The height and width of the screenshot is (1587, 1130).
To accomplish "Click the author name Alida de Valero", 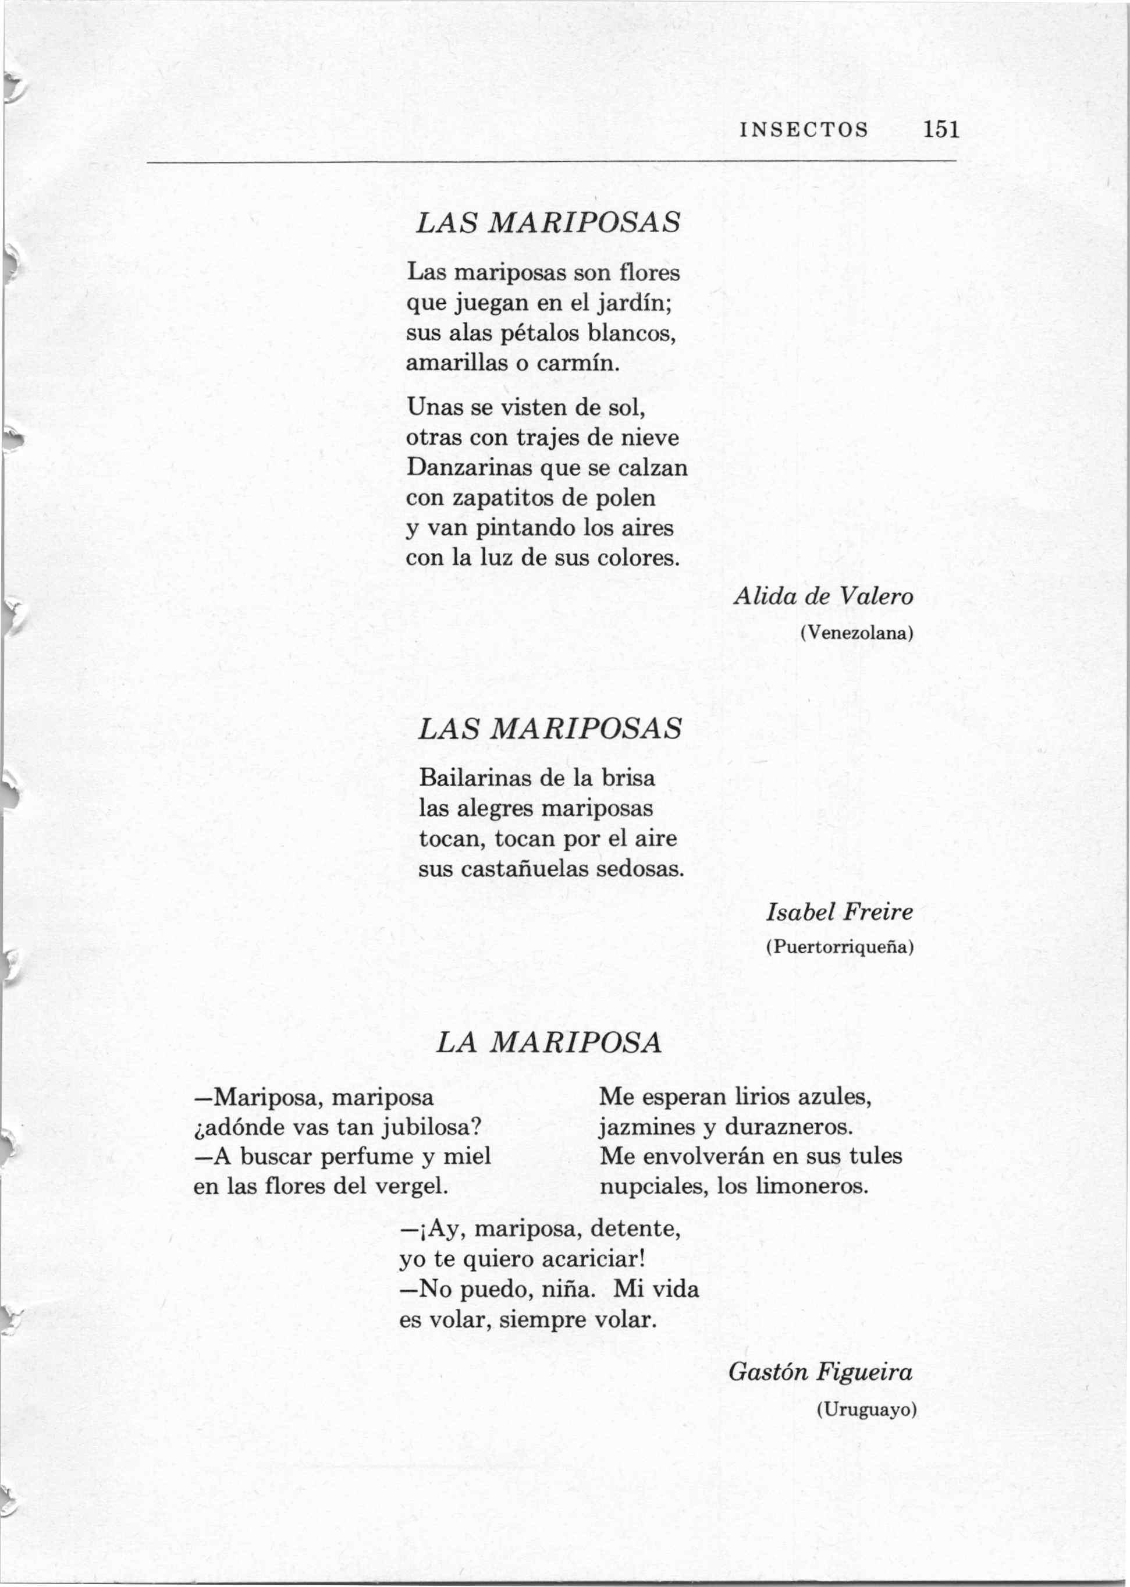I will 823,597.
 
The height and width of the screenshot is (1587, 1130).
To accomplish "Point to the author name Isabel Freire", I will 839,911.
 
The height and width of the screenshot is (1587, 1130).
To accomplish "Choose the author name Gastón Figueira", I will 820,1371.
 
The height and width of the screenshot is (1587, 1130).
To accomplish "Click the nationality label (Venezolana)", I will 857,633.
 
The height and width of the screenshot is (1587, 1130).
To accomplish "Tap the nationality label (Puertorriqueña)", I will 839,947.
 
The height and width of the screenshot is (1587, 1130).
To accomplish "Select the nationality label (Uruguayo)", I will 866,1410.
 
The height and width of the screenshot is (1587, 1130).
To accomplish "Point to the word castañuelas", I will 530,869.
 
